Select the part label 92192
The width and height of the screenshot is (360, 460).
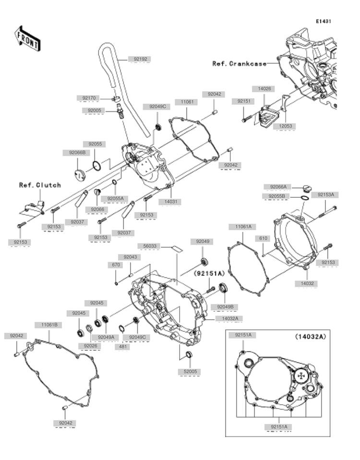[x=141, y=59]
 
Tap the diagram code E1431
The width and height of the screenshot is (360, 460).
[x=324, y=21]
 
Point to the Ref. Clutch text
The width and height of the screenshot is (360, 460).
[x=40, y=185]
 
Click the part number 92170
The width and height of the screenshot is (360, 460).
[x=88, y=98]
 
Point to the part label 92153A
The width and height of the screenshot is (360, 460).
[x=325, y=195]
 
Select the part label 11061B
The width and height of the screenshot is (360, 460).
[x=48, y=325]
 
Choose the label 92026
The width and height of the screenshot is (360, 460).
[x=90, y=345]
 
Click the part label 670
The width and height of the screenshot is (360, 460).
[x=116, y=265]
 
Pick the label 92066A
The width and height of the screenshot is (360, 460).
[x=278, y=187]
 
